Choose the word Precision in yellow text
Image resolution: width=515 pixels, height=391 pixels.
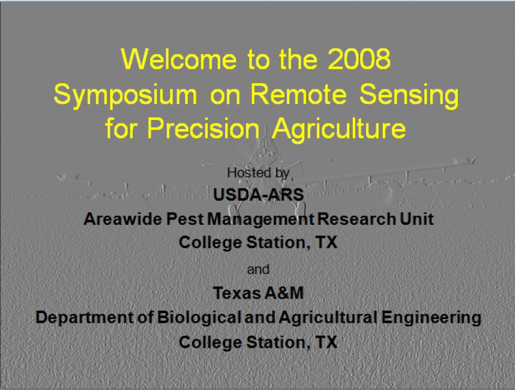tap(204, 128)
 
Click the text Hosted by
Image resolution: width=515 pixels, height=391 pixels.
tap(258, 173)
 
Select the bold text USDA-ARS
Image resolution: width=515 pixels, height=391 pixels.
tap(259, 195)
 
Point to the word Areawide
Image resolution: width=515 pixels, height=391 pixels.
tap(123, 219)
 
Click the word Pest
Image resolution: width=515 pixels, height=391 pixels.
tap(185, 219)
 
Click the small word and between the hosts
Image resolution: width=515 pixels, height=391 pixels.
tap(258, 269)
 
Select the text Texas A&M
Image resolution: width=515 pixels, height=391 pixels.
tap(258, 293)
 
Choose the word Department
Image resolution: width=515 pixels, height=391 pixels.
tap(85, 318)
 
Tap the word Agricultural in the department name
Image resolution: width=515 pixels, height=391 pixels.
tap(329, 318)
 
